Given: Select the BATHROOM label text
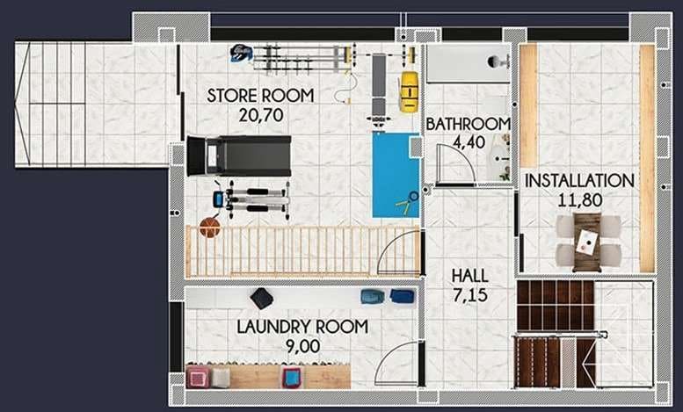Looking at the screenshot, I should pyautogui.click(x=468, y=124).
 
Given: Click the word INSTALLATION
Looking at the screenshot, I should pyautogui.click(x=579, y=181).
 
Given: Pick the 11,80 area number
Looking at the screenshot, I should pyautogui.click(x=579, y=199).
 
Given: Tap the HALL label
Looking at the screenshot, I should pyautogui.click(x=469, y=276).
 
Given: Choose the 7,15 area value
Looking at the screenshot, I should pyautogui.click(x=469, y=294).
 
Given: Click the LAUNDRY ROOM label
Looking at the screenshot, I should pyautogui.click(x=302, y=328).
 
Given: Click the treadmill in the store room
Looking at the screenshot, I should pyautogui.click(x=238, y=155).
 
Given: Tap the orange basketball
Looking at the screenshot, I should pyautogui.click(x=209, y=228).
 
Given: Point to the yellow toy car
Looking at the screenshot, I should pyautogui.click(x=408, y=91).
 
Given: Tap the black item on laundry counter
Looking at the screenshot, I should pyautogui.click(x=261, y=298).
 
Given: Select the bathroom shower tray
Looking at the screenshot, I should pyautogui.click(x=468, y=63).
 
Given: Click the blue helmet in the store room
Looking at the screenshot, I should pyautogui.click(x=240, y=54).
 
